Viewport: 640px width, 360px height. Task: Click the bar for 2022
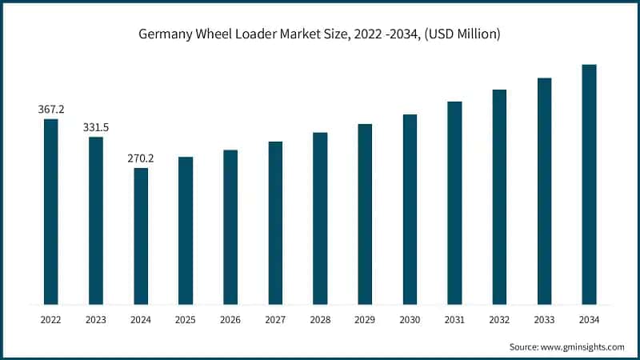(50, 211)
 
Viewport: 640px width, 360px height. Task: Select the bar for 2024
(141, 236)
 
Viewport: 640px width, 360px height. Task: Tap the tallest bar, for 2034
(589, 184)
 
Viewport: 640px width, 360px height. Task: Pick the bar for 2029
(365, 214)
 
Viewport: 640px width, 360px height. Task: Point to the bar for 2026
(230, 226)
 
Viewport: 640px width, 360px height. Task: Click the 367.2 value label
(50, 109)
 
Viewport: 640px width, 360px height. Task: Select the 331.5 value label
(95, 127)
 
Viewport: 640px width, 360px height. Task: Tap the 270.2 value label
(141, 158)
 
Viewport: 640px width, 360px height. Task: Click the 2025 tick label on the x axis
(186, 319)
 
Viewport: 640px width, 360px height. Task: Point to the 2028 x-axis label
(320, 319)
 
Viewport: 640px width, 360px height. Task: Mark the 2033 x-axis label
(544, 319)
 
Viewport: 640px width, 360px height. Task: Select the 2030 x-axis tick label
(410, 319)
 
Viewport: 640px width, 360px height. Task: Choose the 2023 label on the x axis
(95, 319)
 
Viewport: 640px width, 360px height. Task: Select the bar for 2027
(275, 222)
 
